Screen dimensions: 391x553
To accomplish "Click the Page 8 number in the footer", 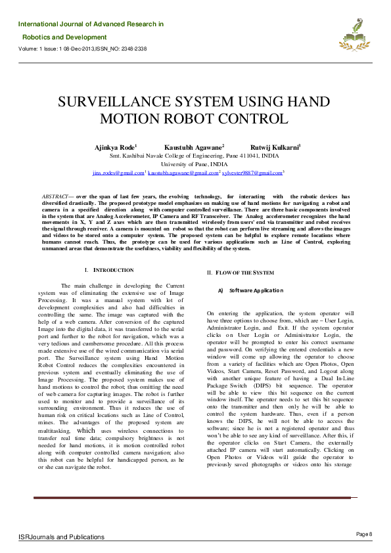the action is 364,533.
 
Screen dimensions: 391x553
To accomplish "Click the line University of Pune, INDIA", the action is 195,164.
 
